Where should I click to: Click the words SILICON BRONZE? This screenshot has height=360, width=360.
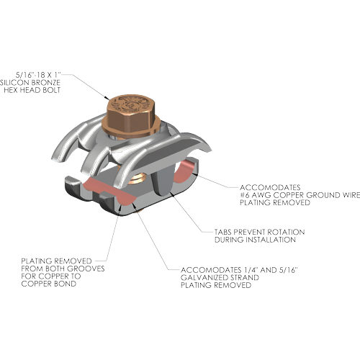pos(30,83)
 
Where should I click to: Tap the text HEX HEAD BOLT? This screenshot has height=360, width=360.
pos(32,90)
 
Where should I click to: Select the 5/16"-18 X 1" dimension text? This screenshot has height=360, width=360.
pos(38,75)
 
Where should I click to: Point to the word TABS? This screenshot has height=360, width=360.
pos(223,232)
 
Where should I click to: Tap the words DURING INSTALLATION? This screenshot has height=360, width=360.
pos(255,240)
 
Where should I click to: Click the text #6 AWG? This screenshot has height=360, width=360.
pos(256,195)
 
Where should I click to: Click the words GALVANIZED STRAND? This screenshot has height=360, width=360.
pos(220,278)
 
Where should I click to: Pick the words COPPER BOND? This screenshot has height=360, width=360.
pos(49,284)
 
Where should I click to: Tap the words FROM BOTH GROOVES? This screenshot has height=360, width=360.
pos(63,269)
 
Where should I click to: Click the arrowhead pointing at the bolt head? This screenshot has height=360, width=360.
pos(107,97)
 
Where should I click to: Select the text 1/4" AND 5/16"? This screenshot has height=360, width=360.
pos(271,270)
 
